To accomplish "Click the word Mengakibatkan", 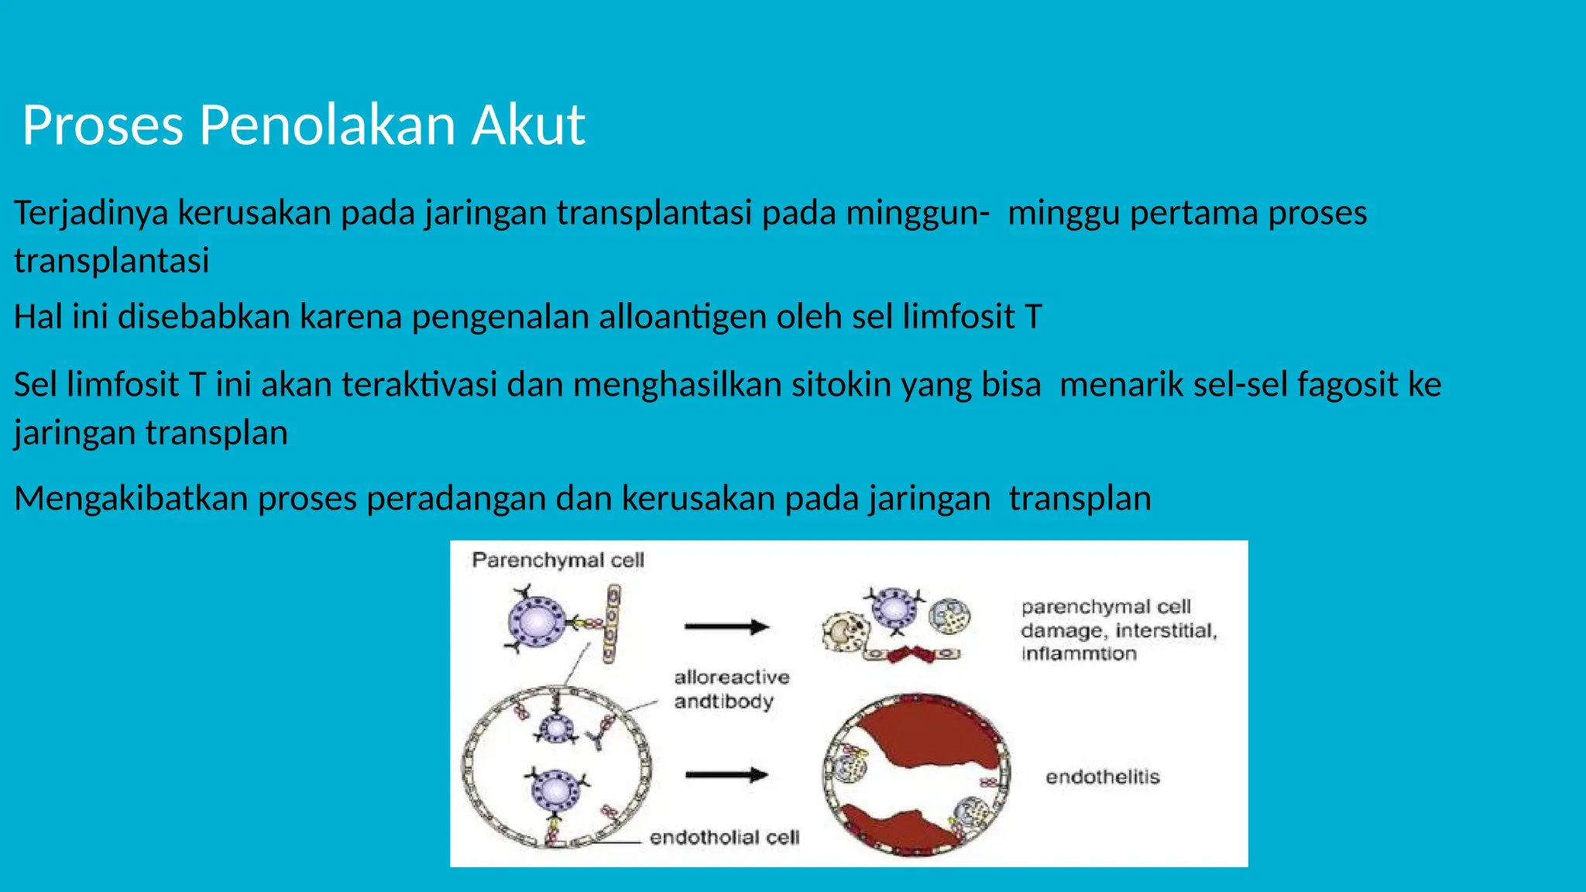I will (131, 498).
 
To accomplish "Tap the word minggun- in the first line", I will (917, 213).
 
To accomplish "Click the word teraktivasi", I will (419, 385).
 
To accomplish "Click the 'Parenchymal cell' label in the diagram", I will (558, 560).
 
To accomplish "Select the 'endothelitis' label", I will (1102, 777).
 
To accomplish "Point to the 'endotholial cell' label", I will (724, 837).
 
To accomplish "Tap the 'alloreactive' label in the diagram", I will (732, 678).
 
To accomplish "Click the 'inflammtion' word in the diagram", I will (1079, 654).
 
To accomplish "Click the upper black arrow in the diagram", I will (726, 626).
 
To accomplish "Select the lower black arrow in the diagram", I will (726, 774).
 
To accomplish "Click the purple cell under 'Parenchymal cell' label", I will (537, 620).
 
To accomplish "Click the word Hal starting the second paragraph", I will (38, 317).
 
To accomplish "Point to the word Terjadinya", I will (91, 213).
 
